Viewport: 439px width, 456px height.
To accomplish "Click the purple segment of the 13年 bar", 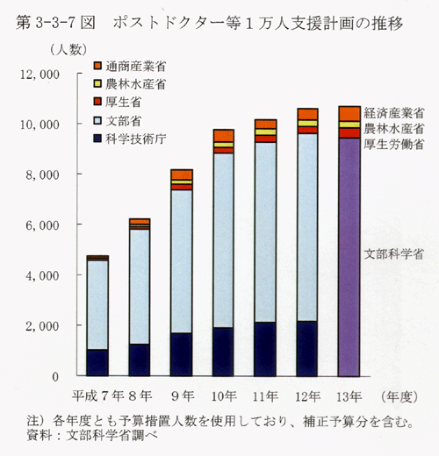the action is click(349, 257).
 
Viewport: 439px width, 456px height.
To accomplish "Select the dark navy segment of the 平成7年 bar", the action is click(97, 362).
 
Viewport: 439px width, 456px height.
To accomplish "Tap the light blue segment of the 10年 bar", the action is click(224, 240).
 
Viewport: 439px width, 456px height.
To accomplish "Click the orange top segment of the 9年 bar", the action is click(182, 175).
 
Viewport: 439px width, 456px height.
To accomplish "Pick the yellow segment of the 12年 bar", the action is click(307, 124).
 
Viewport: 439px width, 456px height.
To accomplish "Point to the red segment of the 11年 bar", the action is click(265, 139).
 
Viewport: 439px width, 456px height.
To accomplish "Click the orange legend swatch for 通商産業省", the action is click(97, 66).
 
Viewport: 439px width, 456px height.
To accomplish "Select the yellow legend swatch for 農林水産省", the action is click(97, 83).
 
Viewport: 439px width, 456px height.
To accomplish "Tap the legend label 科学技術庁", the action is click(136, 139).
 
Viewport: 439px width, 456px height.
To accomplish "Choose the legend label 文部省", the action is click(124, 121).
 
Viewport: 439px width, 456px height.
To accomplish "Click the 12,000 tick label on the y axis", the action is click(40, 75).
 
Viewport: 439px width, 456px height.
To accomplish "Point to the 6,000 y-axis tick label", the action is click(43, 225).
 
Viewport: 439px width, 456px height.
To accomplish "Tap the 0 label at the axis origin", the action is click(55, 377).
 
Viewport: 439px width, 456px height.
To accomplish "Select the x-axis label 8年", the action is click(140, 396).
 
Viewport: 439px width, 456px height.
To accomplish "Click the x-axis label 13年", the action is click(349, 396).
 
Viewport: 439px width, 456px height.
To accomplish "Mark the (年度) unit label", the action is click(399, 397).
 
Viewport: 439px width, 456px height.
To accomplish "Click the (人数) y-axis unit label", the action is click(68, 50).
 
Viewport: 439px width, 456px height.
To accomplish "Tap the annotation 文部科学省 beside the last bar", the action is click(394, 254).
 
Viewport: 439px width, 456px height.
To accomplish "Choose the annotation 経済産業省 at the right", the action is click(394, 113).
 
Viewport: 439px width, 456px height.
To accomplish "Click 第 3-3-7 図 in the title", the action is click(55, 23).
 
